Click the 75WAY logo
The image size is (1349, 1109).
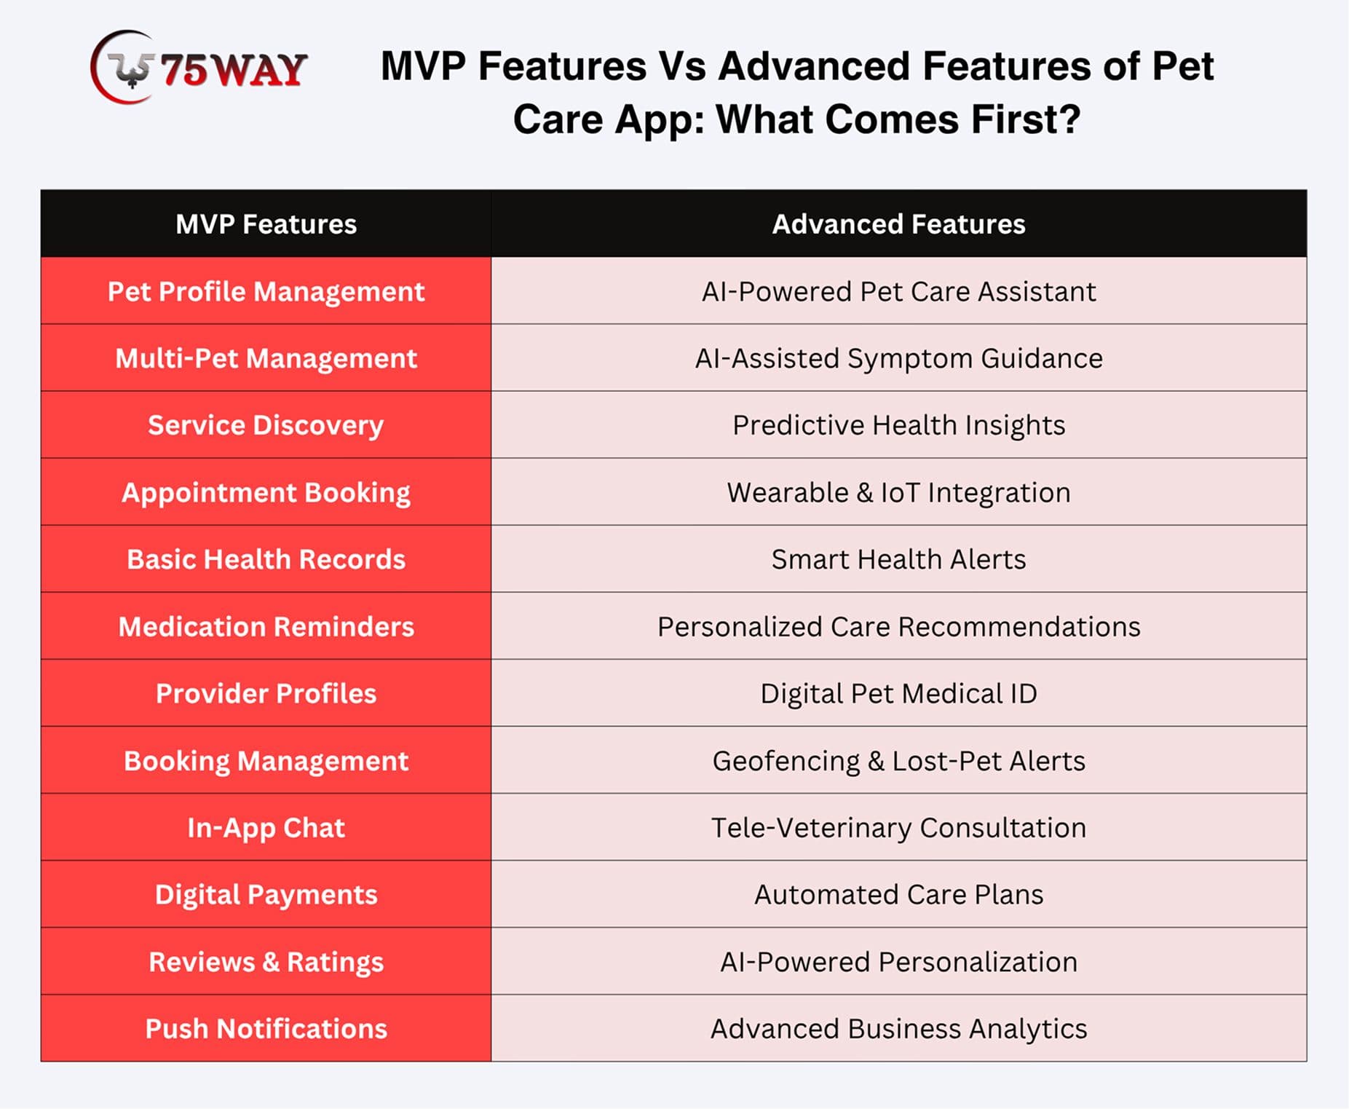(199, 68)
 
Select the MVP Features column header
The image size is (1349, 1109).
(266, 224)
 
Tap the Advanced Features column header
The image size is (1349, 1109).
(899, 224)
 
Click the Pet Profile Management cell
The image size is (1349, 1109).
(266, 291)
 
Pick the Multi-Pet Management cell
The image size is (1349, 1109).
(266, 358)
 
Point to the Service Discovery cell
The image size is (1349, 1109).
(266, 425)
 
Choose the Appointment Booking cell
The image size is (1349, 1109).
(266, 492)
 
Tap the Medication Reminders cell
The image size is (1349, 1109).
(266, 626)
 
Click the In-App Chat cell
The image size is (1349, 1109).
(266, 827)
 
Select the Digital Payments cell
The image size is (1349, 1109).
(266, 894)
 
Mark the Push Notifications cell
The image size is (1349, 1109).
(266, 1028)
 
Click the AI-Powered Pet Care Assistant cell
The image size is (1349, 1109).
(899, 291)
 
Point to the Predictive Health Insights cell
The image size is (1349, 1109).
(899, 425)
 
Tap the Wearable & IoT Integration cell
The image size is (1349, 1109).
(899, 492)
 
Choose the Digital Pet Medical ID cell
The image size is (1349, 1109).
(899, 693)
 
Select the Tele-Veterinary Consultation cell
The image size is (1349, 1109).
(899, 827)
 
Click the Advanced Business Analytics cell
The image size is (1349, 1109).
(899, 1028)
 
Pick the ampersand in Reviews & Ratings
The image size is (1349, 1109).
(270, 962)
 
